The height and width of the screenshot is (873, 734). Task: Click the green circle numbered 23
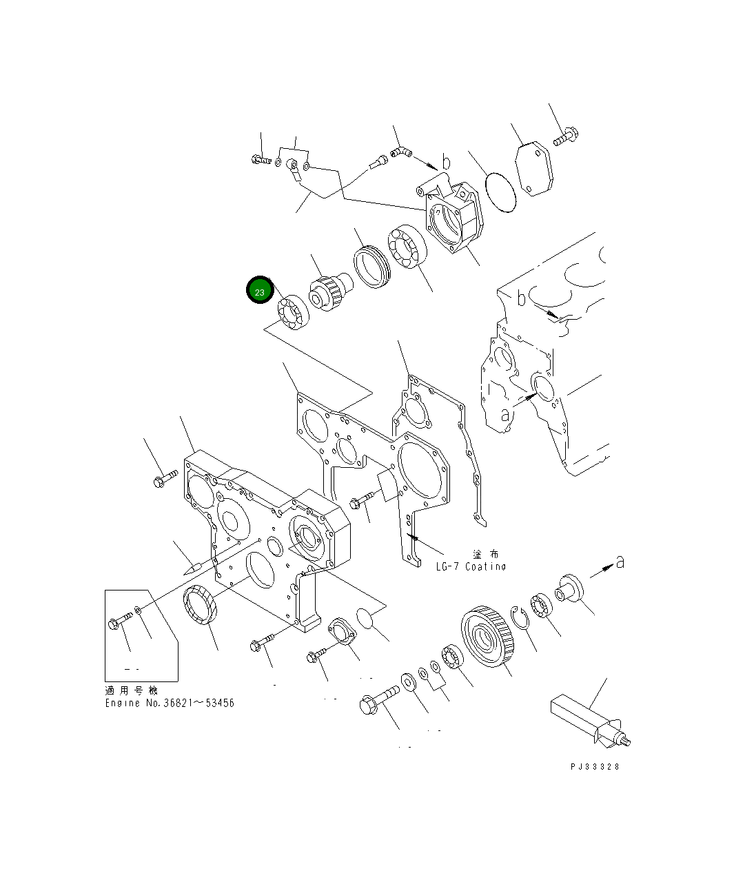click(x=260, y=291)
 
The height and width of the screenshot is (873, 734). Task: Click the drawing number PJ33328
click(x=595, y=766)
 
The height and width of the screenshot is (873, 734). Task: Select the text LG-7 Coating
click(x=471, y=566)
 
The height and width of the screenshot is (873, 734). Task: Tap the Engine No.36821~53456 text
click(x=170, y=703)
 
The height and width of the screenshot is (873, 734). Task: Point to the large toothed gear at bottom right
click(x=488, y=637)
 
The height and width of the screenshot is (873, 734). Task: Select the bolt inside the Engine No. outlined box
click(x=119, y=619)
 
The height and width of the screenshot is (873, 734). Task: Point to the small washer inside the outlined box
click(x=139, y=610)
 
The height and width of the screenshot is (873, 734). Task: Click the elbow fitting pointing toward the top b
click(x=400, y=151)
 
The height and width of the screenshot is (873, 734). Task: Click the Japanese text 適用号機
click(x=131, y=690)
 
